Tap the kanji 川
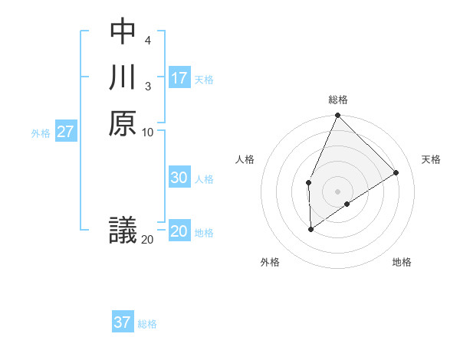pos(123,77)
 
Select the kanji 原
pos(123,123)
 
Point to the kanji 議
pos(123,230)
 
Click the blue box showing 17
pos(179,77)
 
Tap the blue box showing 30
pos(179,178)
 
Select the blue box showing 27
pos(66,131)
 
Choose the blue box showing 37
pos(123,322)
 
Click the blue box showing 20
pos(179,231)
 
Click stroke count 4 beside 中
pos(147,39)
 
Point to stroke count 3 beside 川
pos(147,86)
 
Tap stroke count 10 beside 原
pos(148,132)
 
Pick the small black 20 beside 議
pos(147,240)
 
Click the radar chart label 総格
pos(337,100)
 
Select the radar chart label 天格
pos(431,159)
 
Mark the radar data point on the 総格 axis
pos(337,116)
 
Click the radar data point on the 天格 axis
pos(396,172)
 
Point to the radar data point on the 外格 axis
pos(310,228)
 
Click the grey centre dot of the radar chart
pos(337,191)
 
